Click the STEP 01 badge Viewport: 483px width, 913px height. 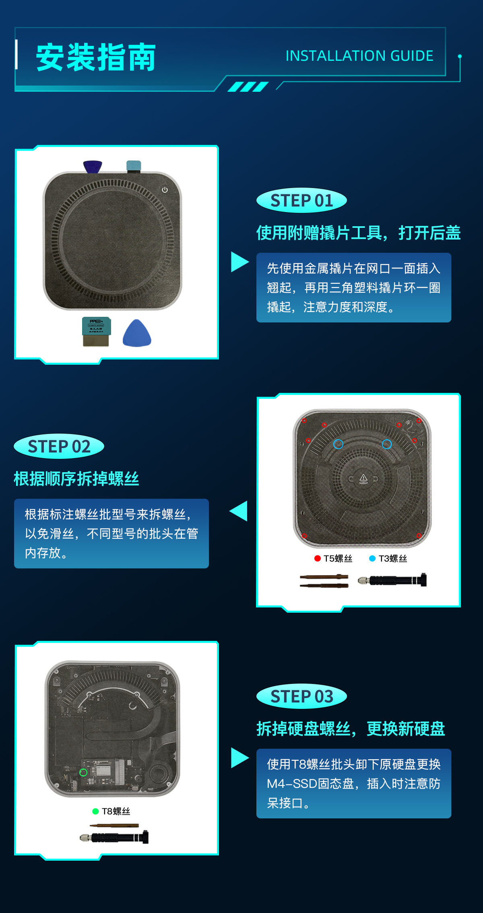[x=301, y=200]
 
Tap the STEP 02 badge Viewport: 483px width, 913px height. [x=59, y=446]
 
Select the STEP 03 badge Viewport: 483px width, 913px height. [x=301, y=696]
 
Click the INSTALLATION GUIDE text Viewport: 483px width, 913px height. [x=359, y=56]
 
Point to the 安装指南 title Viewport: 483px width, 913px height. [x=96, y=58]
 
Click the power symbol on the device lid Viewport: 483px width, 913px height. [x=165, y=190]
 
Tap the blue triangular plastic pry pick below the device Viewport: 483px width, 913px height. [x=137, y=333]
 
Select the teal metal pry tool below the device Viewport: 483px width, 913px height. [x=96, y=332]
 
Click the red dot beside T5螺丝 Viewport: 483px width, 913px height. [x=318, y=558]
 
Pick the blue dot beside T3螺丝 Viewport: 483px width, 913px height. [x=372, y=558]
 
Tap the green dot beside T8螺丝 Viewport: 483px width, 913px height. [x=95, y=811]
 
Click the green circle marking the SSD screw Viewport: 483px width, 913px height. [x=83, y=772]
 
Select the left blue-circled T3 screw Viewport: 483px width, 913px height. [x=338, y=444]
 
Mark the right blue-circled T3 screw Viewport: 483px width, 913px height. [x=387, y=444]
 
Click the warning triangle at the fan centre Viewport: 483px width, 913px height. [x=363, y=478]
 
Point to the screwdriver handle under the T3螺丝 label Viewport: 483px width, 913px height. [x=392, y=580]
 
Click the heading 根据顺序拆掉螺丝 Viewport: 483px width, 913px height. [x=76, y=479]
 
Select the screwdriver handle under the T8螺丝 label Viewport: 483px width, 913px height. [x=114, y=837]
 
